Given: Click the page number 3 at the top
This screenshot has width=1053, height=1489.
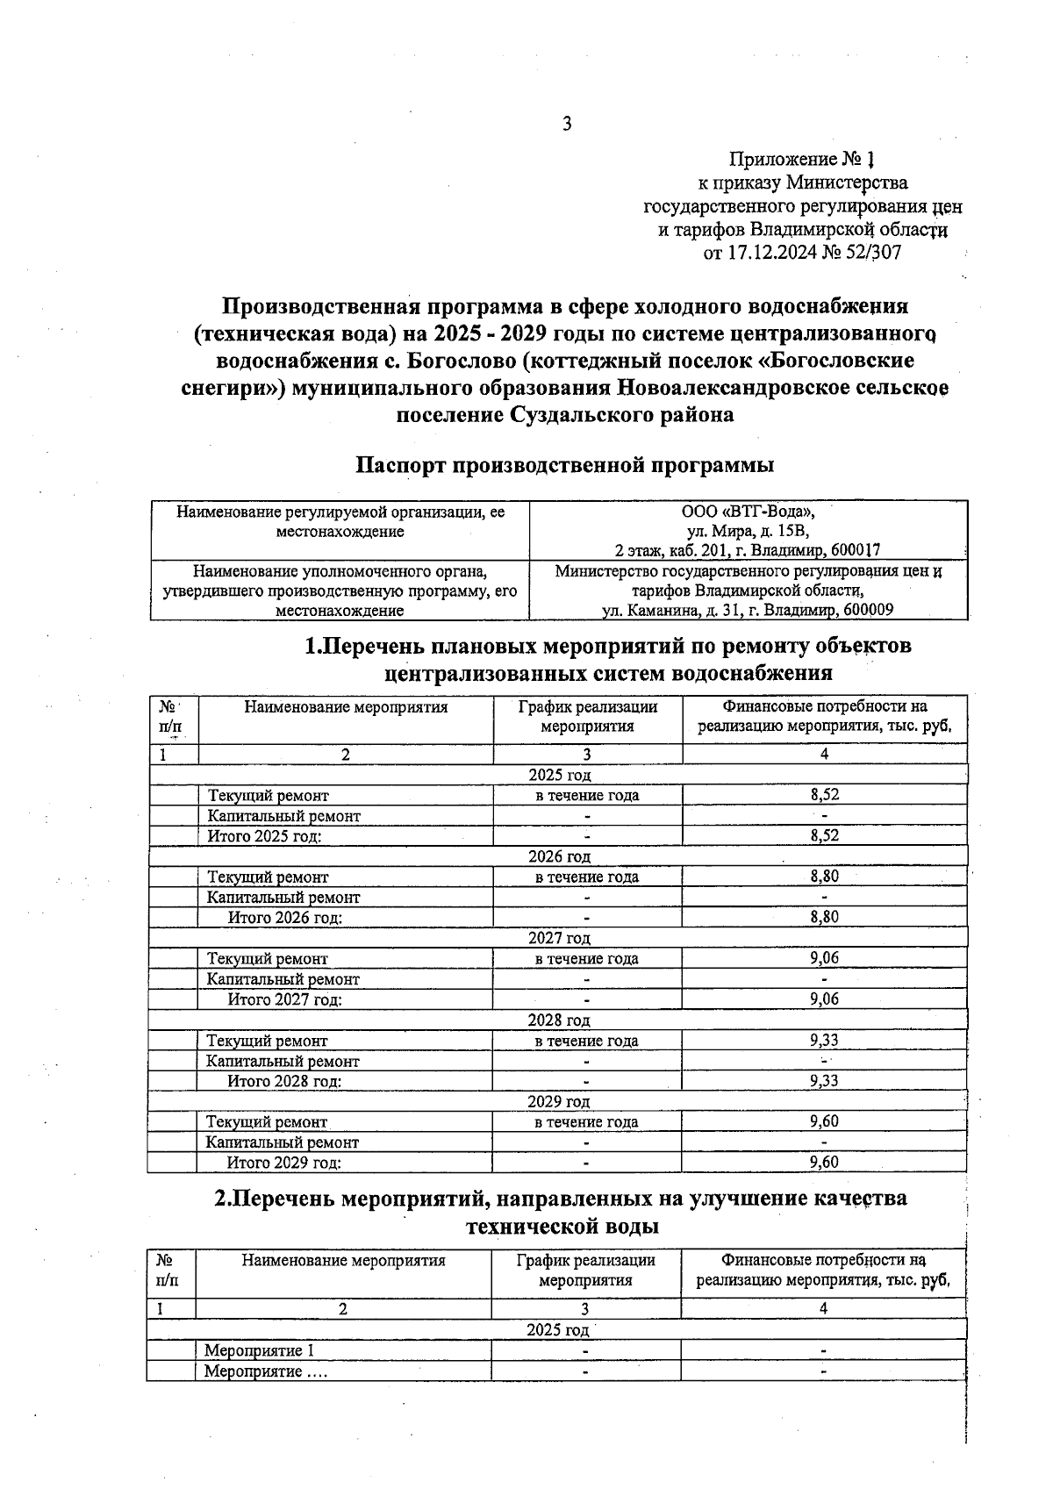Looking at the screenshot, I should [567, 124].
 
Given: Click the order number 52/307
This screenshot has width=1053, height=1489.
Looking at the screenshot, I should [872, 254].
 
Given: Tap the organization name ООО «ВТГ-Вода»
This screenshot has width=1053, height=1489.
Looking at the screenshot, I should [749, 512].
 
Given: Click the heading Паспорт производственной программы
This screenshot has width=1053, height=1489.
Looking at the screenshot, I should [564, 464].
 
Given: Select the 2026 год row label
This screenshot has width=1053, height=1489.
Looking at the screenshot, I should [559, 856].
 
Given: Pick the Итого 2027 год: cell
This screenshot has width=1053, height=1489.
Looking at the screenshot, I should [284, 999].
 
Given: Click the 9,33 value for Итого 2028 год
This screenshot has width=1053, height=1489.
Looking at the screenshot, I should [824, 1081].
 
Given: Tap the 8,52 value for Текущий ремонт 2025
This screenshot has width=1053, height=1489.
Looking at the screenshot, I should [824, 795].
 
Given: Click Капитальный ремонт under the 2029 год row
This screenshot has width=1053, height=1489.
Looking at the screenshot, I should [282, 1142].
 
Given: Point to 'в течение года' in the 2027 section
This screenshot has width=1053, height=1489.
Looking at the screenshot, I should [587, 959].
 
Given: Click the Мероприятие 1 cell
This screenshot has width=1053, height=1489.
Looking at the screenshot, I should [259, 1351].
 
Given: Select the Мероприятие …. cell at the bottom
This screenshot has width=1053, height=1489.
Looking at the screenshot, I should [265, 1371].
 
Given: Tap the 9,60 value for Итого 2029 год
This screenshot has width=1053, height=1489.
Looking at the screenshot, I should [824, 1163].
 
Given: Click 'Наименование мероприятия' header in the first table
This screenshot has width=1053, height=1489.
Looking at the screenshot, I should [346, 707].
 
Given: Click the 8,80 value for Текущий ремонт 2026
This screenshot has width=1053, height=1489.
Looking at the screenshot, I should [824, 877].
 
